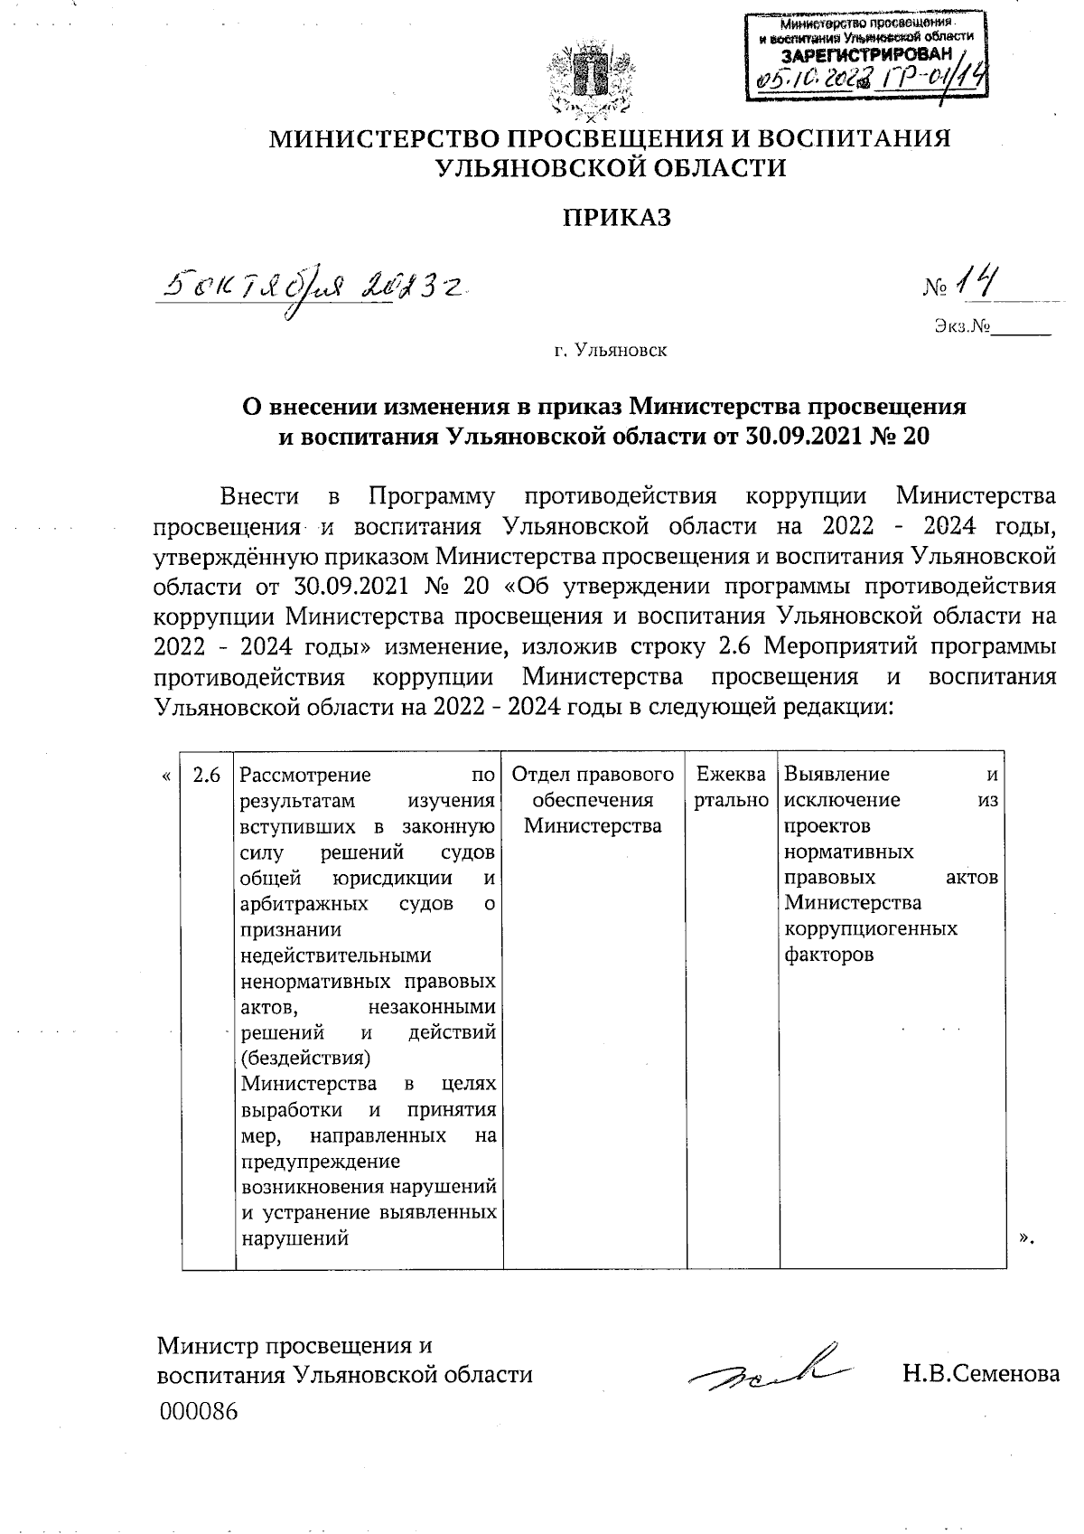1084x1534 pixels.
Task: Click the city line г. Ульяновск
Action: (612, 350)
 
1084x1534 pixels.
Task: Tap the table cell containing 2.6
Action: (208, 775)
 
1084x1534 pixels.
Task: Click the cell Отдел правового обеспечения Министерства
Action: (593, 800)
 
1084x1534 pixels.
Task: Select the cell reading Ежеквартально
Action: (732, 787)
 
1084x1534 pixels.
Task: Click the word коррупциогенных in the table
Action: (871, 928)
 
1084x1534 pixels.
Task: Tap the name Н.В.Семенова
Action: (981, 1375)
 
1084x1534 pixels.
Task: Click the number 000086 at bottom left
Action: (198, 1411)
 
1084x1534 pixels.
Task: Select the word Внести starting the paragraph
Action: (258, 496)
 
